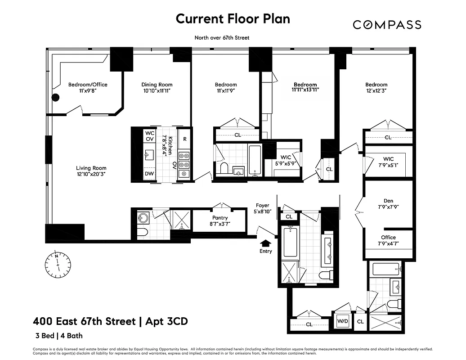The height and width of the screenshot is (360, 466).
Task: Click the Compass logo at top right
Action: [387, 24]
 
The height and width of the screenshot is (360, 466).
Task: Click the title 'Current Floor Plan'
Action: [233, 19]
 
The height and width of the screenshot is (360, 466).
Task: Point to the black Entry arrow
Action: [266, 243]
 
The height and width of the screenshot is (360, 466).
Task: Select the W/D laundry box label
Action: [342, 321]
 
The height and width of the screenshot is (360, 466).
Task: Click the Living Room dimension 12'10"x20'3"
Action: [91, 174]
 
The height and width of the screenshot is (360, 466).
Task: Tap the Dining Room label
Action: [157, 85]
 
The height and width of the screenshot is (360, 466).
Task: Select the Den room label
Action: [388, 201]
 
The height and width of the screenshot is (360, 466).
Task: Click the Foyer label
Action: [263, 205]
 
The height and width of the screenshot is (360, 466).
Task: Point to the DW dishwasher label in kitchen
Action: [149, 174]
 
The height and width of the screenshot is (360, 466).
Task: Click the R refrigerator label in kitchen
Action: [184, 139]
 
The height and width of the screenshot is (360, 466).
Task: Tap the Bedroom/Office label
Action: [88, 85]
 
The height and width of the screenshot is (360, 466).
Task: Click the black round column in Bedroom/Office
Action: [56, 97]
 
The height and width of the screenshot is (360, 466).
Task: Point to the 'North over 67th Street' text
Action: [221, 38]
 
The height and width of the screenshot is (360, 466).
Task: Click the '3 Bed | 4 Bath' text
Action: [59, 336]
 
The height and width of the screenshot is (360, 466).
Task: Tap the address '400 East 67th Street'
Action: [84, 321]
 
